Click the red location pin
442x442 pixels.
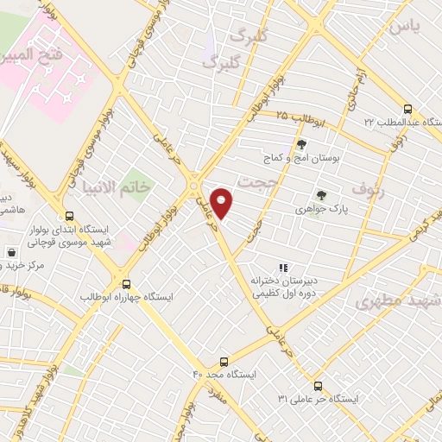(x=222, y=203)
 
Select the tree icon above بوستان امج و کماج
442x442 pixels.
(x=301, y=145)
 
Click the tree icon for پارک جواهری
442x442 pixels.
(x=322, y=196)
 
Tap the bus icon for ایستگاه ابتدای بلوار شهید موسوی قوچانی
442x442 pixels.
(x=68, y=217)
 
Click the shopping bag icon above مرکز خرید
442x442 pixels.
(x=11, y=253)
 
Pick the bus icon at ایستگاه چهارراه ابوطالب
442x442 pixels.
(x=127, y=283)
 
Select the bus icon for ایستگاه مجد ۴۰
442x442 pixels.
(x=224, y=362)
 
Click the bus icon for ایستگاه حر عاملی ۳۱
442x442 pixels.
(x=319, y=385)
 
